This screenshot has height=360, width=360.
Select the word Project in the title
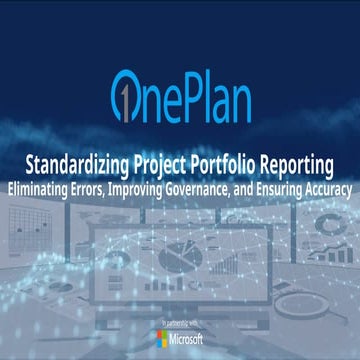164,163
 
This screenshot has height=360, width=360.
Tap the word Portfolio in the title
225,163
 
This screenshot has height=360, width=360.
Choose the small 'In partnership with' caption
180,324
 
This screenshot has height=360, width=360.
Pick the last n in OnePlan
255,101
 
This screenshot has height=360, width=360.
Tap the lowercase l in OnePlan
219,96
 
